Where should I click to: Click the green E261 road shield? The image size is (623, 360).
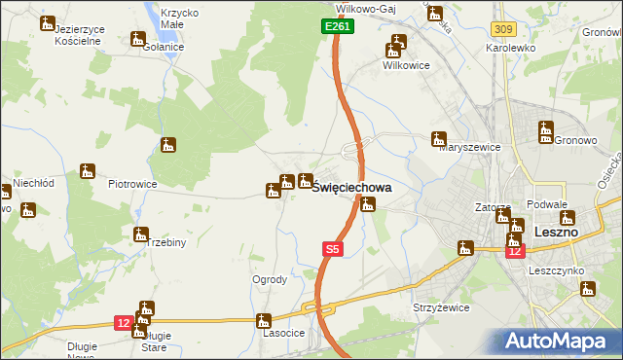point(337,27)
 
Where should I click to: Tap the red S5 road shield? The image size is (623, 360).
point(332,249)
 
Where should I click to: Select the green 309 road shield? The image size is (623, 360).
point(502,31)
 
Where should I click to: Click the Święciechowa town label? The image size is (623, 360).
point(351,190)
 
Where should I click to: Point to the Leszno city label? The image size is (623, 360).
point(557,233)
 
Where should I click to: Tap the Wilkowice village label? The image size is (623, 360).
point(407,65)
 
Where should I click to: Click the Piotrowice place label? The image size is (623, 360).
point(132,183)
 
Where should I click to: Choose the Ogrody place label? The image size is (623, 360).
point(270,279)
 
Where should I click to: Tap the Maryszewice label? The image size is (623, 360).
point(469,147)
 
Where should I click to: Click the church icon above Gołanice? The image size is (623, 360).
point(136,39)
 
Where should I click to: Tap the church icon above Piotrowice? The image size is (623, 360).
point(87,171)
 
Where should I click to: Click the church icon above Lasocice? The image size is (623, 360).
point(263,320)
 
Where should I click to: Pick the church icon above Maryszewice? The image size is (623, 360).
point(439,138)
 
